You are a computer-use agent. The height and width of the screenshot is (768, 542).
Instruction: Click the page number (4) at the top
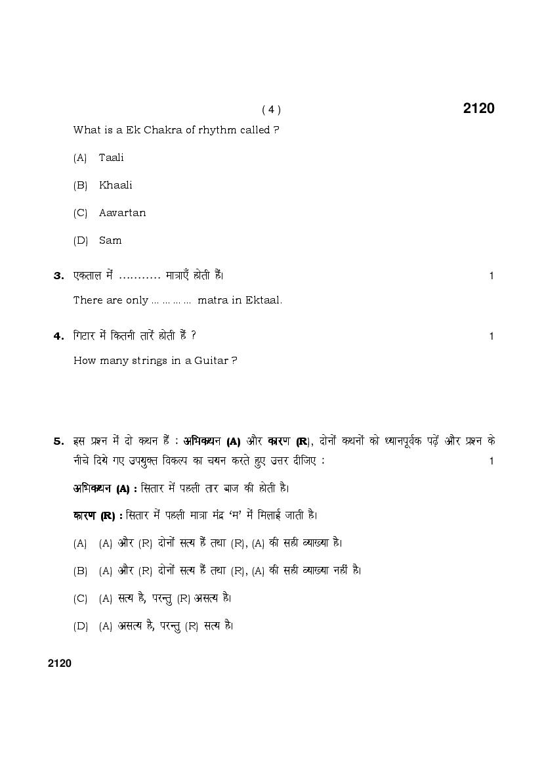271,110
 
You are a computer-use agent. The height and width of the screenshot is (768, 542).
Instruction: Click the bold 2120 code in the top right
478,108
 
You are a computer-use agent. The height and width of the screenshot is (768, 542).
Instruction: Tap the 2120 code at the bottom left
60,663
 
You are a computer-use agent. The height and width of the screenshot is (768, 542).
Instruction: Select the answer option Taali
111,158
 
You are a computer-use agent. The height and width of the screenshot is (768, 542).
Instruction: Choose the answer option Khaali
115,185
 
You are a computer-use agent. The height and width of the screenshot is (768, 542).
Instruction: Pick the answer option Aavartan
122,213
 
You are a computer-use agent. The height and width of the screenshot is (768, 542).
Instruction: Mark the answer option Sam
110,240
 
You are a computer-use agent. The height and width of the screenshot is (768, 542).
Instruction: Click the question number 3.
58,276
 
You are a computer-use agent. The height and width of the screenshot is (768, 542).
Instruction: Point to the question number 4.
58,336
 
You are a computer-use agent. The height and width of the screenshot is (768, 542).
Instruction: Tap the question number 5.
58,441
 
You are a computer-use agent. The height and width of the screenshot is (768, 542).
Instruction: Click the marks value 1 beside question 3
491,276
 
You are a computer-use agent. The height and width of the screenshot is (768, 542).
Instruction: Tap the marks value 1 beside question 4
491,336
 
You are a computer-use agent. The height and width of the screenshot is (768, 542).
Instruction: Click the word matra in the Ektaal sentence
211,300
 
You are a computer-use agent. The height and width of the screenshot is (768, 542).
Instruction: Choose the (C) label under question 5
80,599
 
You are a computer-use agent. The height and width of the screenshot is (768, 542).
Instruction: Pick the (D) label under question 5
80,626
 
